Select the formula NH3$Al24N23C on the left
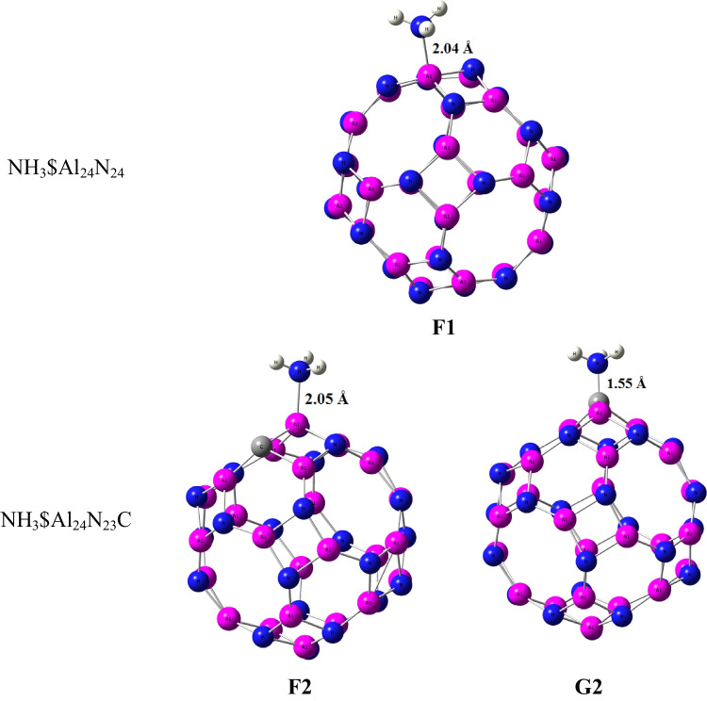point(78,517)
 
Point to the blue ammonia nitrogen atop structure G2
point(599,363)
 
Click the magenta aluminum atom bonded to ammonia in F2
point(298,422)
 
